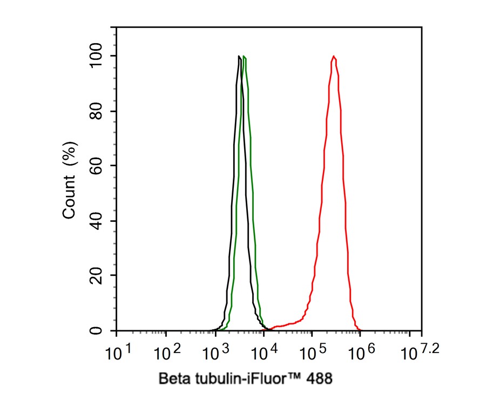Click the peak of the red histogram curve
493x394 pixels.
(334, 56)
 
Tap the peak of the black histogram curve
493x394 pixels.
(239, 56)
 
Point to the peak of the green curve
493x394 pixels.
(245, 56)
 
